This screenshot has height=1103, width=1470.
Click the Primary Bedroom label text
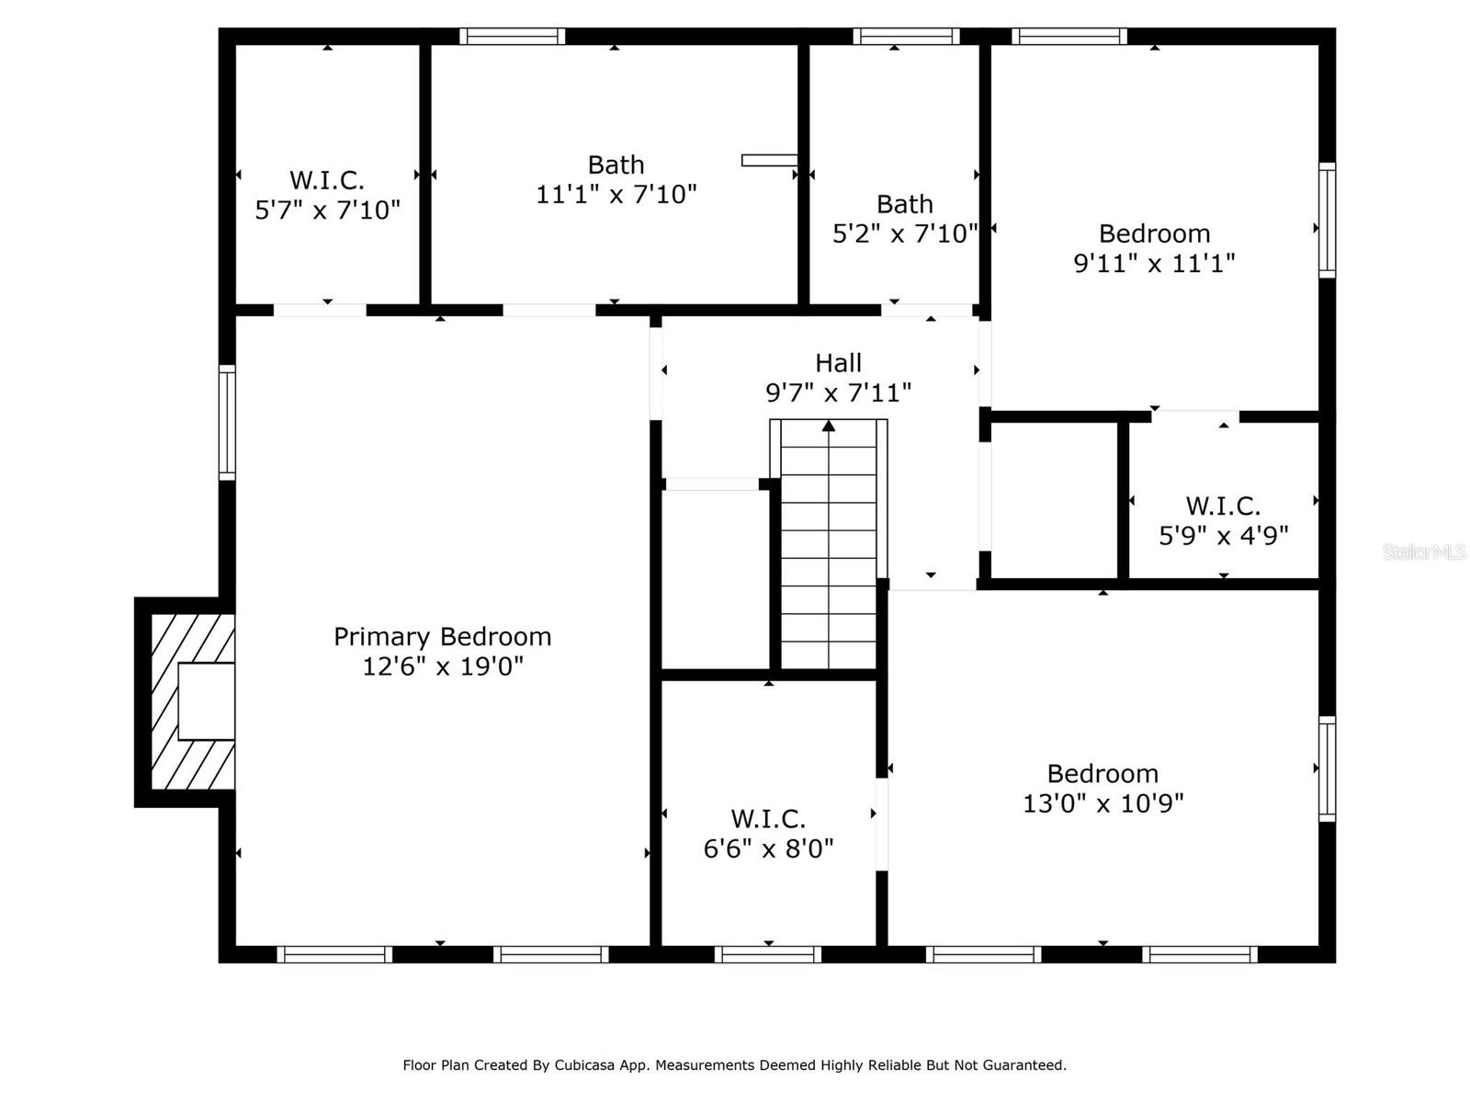(x=442, y=637)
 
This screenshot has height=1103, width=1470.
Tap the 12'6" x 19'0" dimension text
(x=442, y=666)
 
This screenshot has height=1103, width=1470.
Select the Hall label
(x=838, y=363)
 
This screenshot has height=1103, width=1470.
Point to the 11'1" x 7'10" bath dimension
(x=616, y=194)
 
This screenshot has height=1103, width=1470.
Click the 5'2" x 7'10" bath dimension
(x=905, y=233)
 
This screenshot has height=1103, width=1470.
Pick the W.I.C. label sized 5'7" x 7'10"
(x=327, y=180)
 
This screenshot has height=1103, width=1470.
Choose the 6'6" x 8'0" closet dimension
(x=768, y=848)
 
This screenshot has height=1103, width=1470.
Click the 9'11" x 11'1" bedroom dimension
(x=1154, y=263)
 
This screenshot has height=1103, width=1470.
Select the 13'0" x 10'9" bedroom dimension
(x=1102, y=803)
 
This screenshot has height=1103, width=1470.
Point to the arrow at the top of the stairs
(x=829, y=426)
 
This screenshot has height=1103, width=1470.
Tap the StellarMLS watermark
(x=1424, y=551)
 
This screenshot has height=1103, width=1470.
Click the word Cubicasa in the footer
(x=583, y=1064)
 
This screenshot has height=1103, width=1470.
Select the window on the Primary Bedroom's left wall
(x=227, y=422)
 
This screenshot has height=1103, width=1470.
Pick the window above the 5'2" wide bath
(x=906, y=36)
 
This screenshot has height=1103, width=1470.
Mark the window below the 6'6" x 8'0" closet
(x=767, y=954)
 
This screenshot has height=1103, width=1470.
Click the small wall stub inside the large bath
(x=770, y=160)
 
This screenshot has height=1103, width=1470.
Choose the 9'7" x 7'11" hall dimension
(x=838, y=392)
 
